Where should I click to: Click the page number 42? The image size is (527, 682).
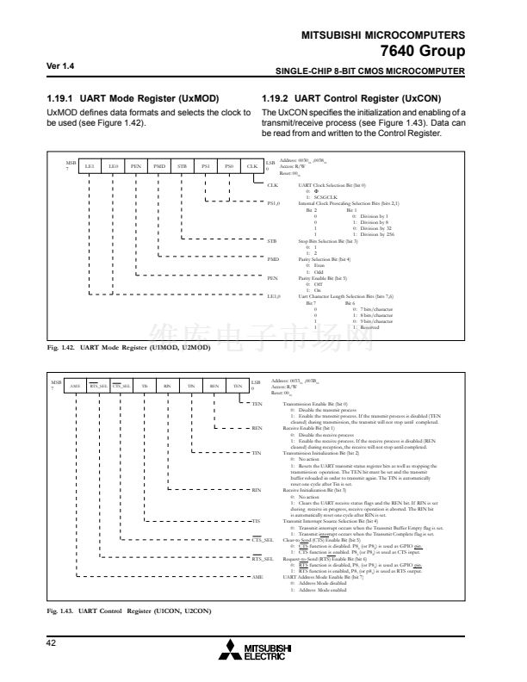53,642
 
